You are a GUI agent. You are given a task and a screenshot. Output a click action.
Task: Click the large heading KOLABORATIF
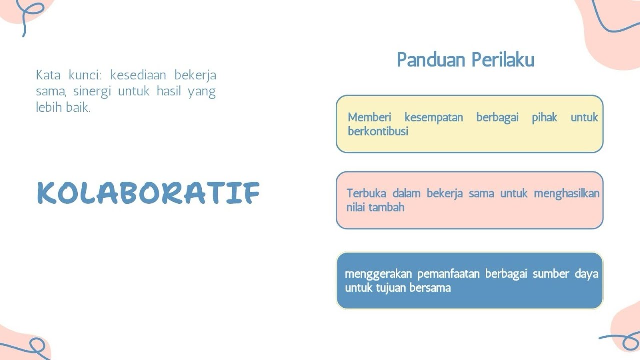pos(148,193)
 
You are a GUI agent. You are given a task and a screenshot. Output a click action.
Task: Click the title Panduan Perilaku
pos(465,60)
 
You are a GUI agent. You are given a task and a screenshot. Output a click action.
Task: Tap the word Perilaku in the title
pos(503,60)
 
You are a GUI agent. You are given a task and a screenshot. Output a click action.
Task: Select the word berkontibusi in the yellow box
pos(378,131)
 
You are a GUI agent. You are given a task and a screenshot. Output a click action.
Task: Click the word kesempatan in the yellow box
pos(433,118)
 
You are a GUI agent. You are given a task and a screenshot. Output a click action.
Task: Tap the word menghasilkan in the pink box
pos(566,193)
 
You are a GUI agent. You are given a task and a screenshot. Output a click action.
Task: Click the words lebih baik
pos(63,107)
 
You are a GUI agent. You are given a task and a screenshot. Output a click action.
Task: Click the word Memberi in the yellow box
pos(369,118)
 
